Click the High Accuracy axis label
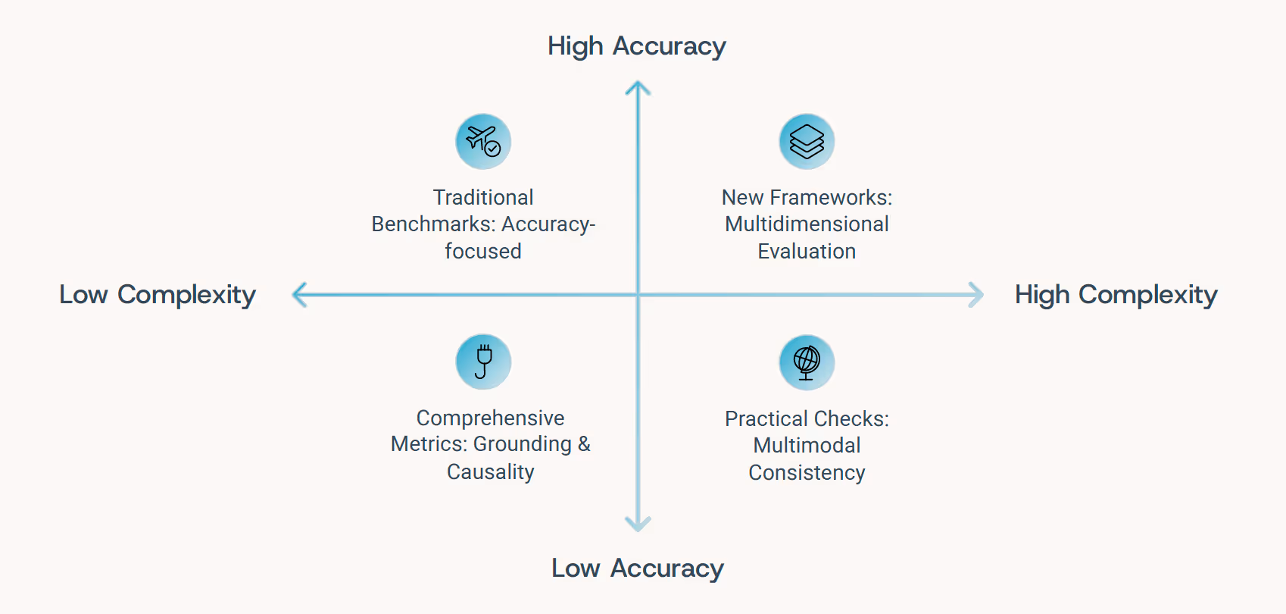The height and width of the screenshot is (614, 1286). point(636,46)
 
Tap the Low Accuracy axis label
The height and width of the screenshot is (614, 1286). point(637,569)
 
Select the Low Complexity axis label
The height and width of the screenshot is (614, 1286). point(158,294)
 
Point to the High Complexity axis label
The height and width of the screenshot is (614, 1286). point(1116,294)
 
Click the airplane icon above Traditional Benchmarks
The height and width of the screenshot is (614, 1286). point(483,142)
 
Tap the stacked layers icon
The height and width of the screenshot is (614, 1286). point(807,142)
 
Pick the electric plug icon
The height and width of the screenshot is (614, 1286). point(483,362)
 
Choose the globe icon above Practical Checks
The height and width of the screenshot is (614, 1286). point(807,362)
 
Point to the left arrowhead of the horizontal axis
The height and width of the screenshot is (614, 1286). point(298,294)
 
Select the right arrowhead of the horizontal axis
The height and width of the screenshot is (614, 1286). point(978,294)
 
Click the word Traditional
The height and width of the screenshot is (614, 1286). point(483,198)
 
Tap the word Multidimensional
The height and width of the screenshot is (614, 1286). point(807,224)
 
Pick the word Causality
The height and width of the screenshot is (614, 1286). point(490,471)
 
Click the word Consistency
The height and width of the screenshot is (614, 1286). point(807,472)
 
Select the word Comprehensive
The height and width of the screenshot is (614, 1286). point(490,418)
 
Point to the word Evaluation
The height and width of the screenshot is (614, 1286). point(807,251)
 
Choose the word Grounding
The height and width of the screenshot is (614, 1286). point(523,444)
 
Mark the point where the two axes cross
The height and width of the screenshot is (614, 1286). point(638,294)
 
